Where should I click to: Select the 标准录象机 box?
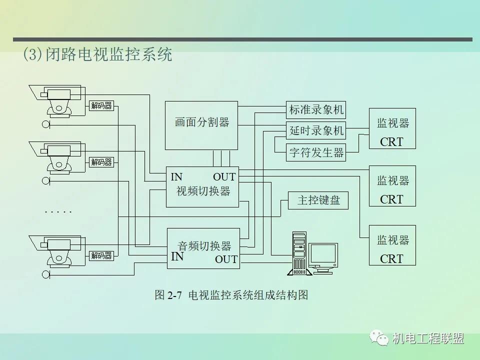point(316,110)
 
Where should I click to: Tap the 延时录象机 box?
point(316,130)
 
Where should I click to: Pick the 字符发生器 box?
point(316,152)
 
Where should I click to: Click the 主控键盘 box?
point(318,200)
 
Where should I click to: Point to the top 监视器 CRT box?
point(392,128)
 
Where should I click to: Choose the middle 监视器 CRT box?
point(392,186)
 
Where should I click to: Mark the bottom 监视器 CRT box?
point(392,245)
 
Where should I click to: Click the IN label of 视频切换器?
point(176,177)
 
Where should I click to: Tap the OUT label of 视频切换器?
point(224,177)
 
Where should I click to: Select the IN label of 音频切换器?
point(177,257)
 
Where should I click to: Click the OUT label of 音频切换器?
point(226,259)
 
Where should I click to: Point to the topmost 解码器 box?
point(101,105)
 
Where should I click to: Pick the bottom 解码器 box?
point(101,255)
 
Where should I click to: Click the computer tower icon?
point(298,252)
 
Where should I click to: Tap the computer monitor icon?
point(322,256)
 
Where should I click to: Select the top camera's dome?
point(59,106)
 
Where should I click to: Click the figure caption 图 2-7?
point(167,295)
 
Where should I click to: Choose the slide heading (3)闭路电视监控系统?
point(97,54)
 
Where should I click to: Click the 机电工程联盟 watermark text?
point(428,338)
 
